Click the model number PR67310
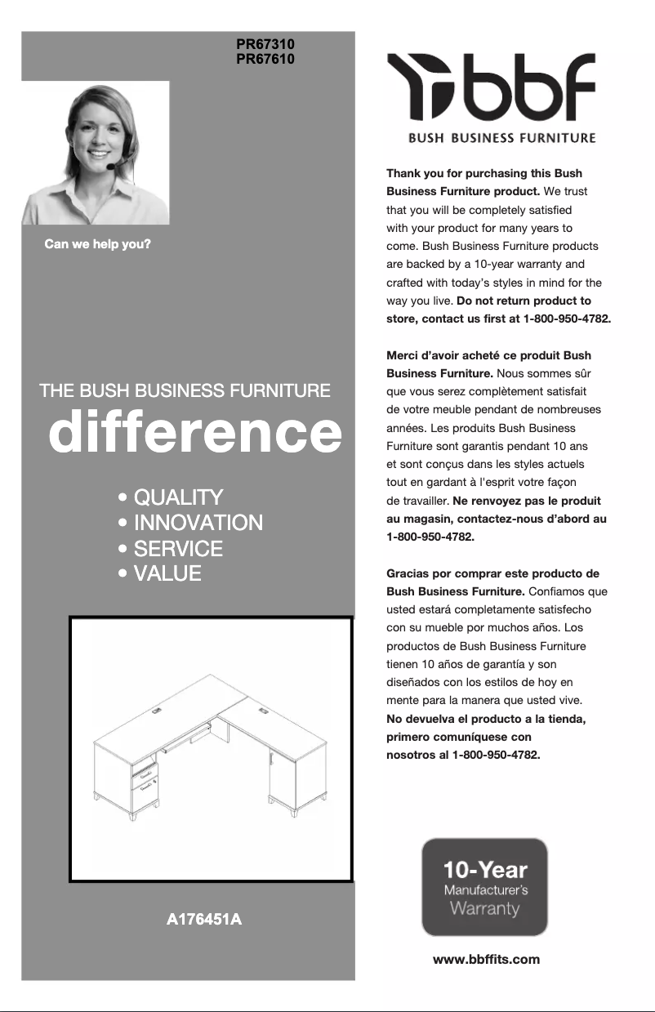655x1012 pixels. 265,44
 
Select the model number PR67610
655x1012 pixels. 265,59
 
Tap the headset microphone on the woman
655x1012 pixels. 110,167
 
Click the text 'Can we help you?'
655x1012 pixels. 98,244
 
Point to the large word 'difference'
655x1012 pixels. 194,433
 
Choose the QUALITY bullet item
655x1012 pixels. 178,497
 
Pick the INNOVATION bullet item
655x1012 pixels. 198,523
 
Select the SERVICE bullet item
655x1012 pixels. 178,548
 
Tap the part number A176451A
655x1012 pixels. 203,921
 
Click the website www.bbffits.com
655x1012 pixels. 486,959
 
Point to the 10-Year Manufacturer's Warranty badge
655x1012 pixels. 484,887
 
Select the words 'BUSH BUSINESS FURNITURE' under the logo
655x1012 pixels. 501,137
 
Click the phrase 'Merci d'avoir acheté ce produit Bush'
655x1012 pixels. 488,355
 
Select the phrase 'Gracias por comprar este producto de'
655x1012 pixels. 492,573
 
